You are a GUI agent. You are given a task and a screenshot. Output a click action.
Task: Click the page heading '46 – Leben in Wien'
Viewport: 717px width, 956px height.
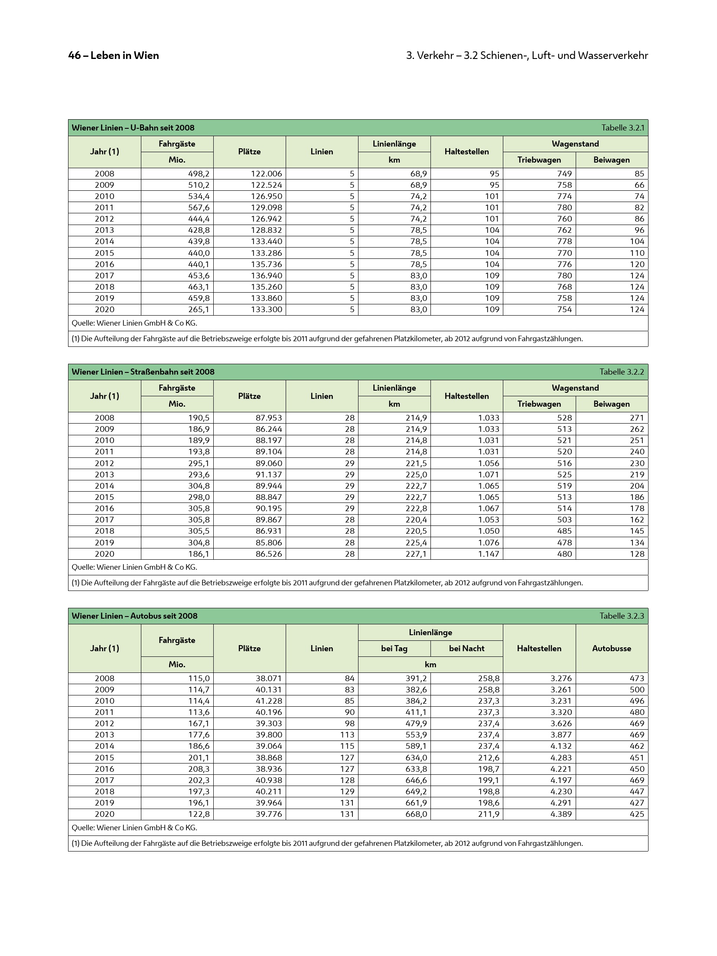114,55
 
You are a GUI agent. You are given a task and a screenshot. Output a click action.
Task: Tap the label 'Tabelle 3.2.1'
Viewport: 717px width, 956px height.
622,127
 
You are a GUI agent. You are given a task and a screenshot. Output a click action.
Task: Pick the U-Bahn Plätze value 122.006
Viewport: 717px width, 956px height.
266,174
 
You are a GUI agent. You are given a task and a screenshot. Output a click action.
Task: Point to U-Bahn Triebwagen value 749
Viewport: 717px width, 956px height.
564,174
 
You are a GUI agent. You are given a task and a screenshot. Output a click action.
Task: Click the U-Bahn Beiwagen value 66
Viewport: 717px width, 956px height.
639,185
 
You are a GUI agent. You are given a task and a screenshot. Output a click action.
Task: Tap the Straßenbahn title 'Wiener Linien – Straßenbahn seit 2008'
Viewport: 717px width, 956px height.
143,372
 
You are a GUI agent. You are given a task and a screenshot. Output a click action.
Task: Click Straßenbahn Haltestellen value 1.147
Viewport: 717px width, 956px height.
489,554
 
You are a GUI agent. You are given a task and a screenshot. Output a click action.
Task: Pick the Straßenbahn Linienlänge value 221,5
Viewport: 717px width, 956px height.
416,463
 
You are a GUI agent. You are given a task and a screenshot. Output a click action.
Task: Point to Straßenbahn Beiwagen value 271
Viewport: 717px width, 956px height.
637,418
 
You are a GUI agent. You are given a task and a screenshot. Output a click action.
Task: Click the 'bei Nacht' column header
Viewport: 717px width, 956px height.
466,648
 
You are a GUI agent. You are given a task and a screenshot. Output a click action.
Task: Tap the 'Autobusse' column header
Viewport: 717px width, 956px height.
611,648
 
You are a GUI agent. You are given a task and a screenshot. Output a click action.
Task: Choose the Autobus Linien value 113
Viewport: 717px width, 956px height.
347,734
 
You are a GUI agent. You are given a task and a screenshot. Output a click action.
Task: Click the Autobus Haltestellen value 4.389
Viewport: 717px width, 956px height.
561,814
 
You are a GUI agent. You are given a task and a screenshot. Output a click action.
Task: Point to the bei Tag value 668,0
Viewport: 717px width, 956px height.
416,814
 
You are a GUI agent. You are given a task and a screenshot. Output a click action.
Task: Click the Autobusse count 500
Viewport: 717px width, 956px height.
637,689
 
